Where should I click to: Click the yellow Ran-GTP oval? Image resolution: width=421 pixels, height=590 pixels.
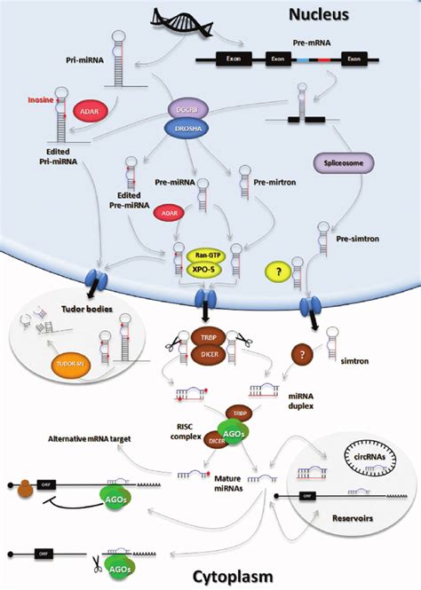[203, 254]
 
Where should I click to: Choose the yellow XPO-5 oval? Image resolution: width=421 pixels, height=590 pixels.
[203, 269]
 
